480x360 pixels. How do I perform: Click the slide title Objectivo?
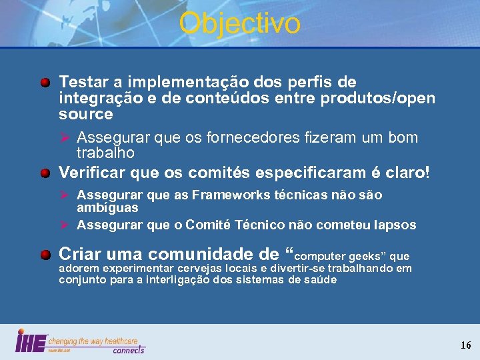[239, 23]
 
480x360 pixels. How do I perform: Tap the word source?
[86, 114]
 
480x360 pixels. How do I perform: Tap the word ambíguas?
[107, 207]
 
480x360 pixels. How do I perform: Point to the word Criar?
[79, 254]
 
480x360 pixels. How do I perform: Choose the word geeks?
[365, 256]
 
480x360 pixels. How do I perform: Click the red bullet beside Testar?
[45, 83]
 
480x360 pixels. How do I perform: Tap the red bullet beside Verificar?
[45, 173]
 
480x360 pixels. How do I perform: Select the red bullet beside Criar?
[45, 255]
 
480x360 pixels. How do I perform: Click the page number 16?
[465, 345]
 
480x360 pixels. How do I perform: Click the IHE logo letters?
[31, 341]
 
